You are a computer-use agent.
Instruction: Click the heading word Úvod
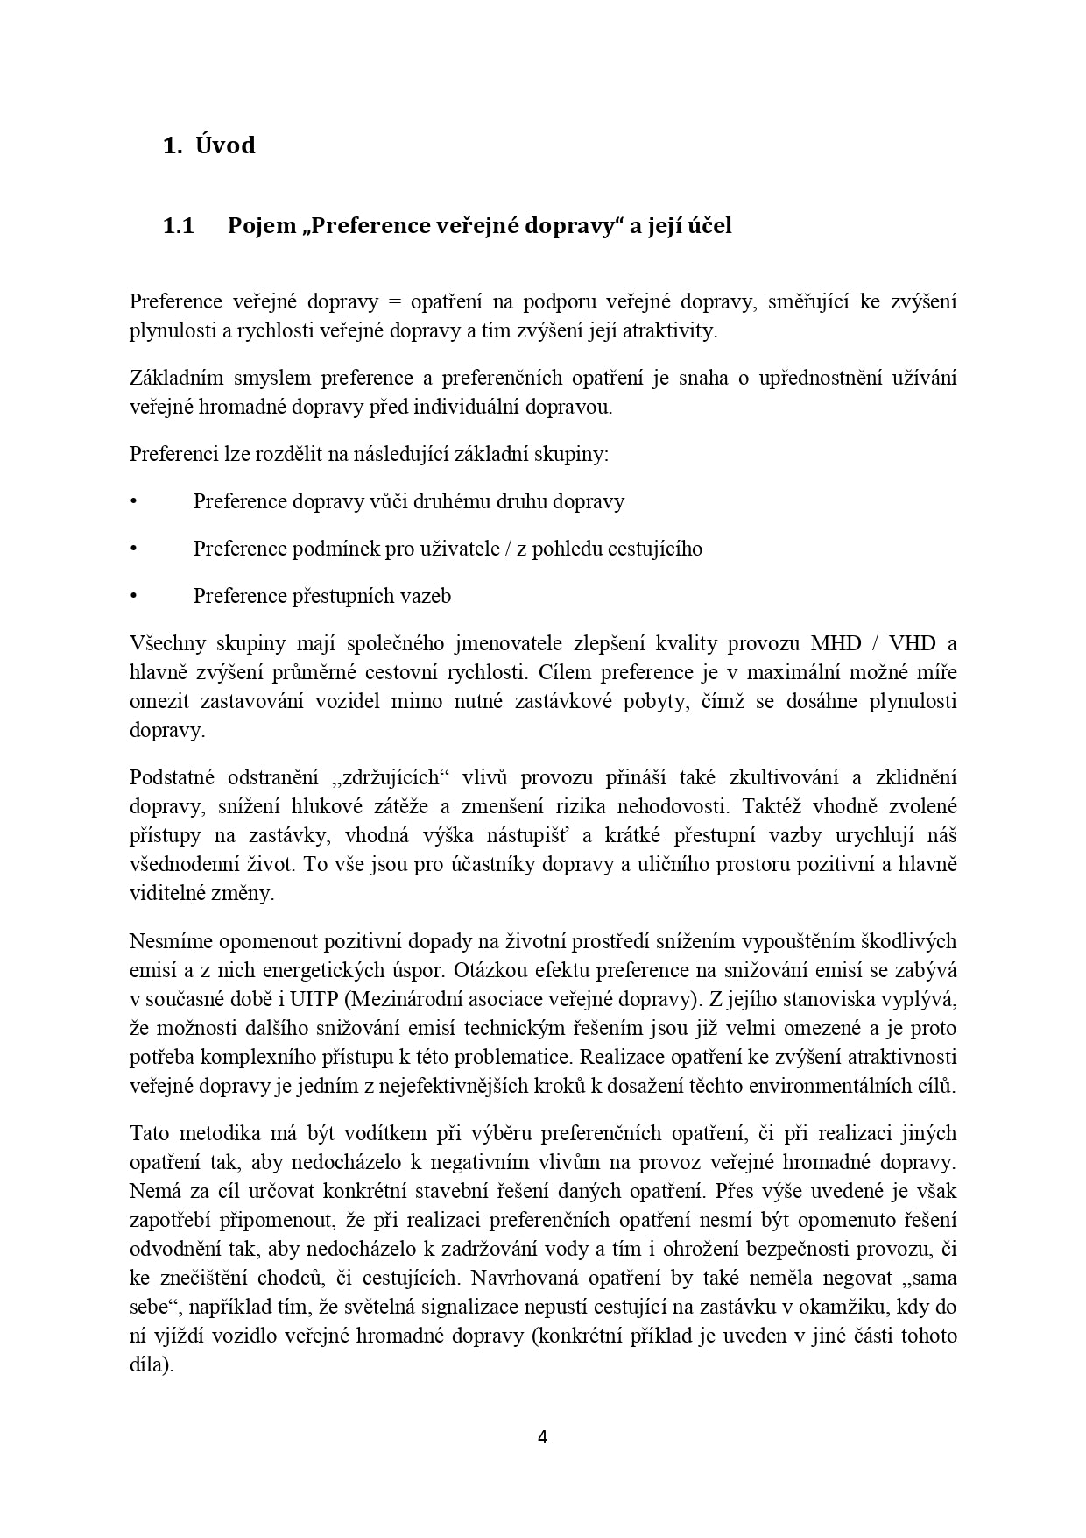tap(225, 145)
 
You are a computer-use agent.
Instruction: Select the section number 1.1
tap(178, 226)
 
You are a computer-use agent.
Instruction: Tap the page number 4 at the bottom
tap(542, 1436)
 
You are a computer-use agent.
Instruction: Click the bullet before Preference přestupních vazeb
tap(134, 597)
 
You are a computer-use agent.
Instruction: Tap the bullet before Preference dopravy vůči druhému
tap(134, 502)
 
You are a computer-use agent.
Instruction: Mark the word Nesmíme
tap(170, 941)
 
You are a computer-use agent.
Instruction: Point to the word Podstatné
tap(173, 777)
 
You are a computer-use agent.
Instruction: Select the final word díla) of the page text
tap(152, 1364)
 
